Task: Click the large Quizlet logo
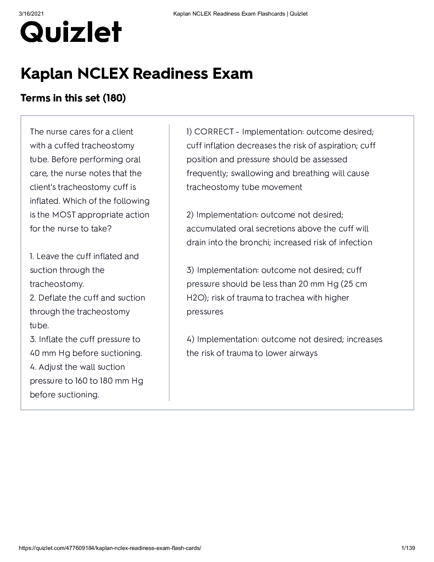[x=71, y=32]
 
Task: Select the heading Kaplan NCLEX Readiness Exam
[x=137, y=74]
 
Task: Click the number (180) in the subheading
[x=114, y=98]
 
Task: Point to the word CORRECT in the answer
[x=214, y=132]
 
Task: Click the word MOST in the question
[x=64, y=215]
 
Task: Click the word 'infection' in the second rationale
[x=356, y=243]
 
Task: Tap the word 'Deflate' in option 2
[x=51, y=298]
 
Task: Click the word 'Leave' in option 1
[x=48, y=257]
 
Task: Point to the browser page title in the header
[x=240, y=14]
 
